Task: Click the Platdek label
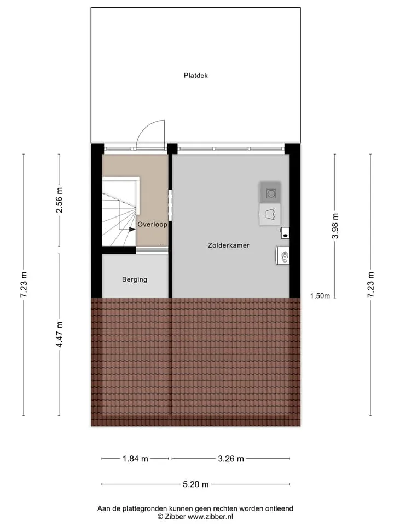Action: pos(196,76)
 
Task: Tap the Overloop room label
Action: pos(153,225)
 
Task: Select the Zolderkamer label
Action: pos(229,245)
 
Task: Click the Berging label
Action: pos(135,279)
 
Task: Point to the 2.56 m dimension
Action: pos(59,201)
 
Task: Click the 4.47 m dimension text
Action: pos(59,334)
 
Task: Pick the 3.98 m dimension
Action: pos(335,226)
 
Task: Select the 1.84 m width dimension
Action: pos(135,459)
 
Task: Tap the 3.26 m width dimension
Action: pos(231,459)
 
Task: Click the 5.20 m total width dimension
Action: pos(196,484)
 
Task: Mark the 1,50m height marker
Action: pos(320,296)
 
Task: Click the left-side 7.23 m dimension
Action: pos(24,284)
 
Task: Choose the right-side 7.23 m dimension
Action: pos(370,284)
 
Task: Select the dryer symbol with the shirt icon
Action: pos(270,214)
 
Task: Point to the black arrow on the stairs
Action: pos(132,230)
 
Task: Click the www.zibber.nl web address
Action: pos(210,517)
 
